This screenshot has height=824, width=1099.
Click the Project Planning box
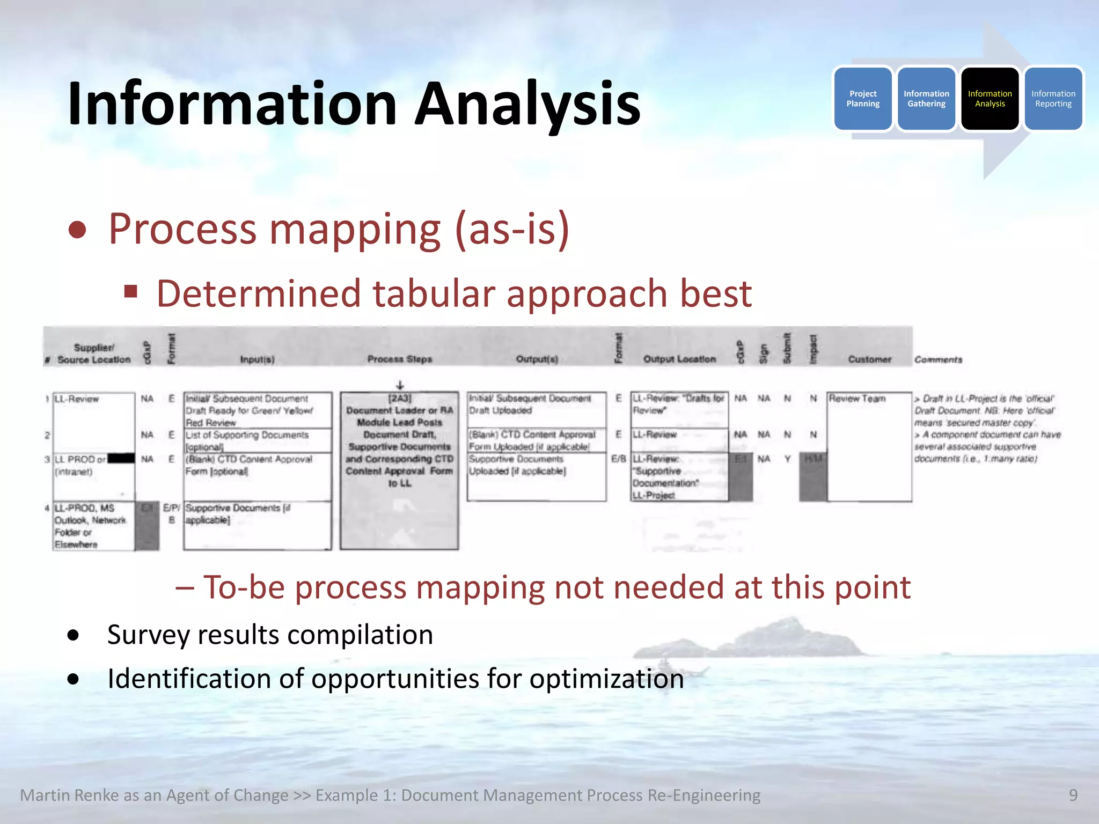click(x=863, y=99)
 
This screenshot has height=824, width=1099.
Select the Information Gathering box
click(x=926, y=99)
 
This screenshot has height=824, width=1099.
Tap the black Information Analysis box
click(x=990, y=99)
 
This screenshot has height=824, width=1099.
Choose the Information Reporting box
click(x=1053, y=99)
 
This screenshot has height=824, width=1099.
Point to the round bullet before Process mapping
click(x=78, y=230)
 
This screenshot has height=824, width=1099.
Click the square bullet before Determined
click(x=130, y=292)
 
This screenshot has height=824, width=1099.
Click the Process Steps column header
click(x=399, y=359)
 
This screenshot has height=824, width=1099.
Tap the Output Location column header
click(x=679, y=359)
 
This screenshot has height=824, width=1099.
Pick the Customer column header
click(x=869, y=359)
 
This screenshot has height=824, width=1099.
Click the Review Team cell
click(x=857, y=399)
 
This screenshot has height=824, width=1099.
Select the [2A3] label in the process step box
click(x=400, y=398)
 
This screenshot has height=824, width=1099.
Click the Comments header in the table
click(x=938, y=359)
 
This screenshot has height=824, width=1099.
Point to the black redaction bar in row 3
click(x=121, y=459)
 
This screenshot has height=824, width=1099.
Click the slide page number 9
click(x=1073, y=795)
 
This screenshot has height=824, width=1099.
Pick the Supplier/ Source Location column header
click(x=94, y=354)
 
